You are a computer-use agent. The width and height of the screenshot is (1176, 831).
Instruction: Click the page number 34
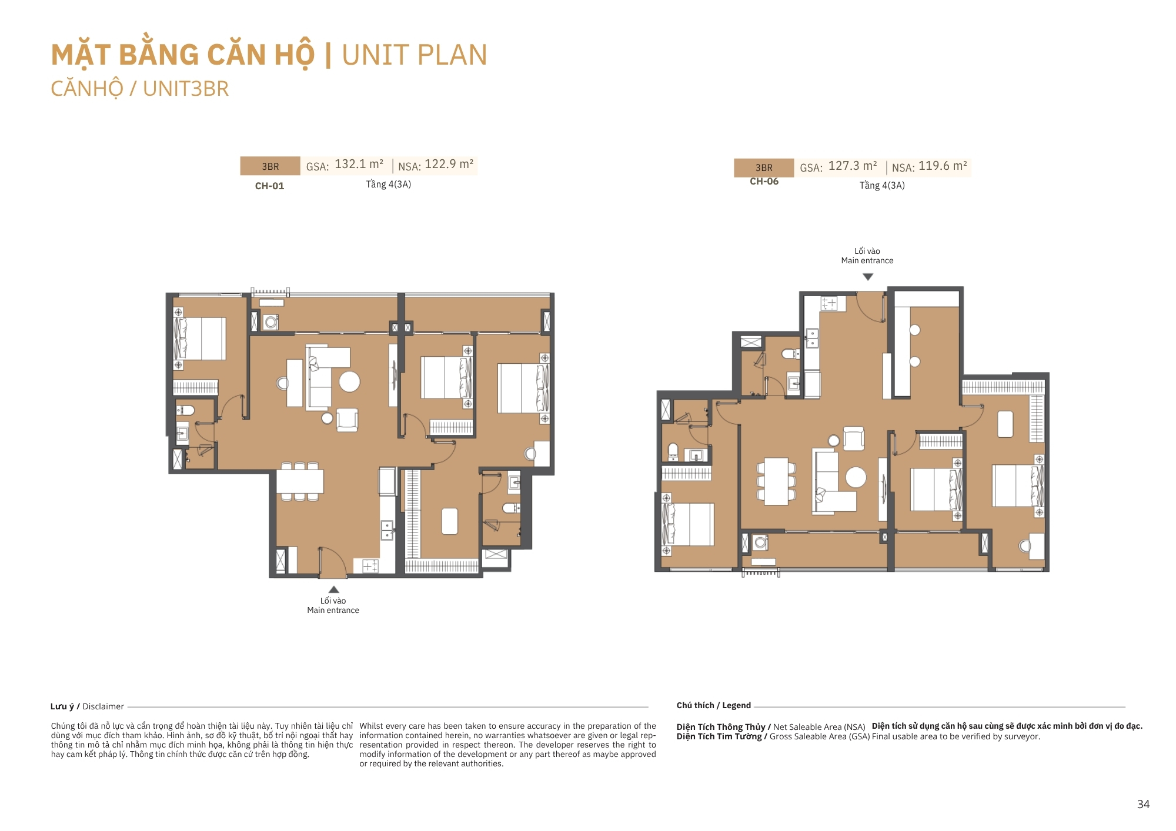pos(1143,805)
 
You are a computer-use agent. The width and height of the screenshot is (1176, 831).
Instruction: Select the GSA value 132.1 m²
pos(359,165)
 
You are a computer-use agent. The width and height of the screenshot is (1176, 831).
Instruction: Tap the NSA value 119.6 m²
pos(943,166)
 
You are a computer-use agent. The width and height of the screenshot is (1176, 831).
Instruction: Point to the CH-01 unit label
pos(269,186)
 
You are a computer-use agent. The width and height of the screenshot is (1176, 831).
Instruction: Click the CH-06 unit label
pos(764,182)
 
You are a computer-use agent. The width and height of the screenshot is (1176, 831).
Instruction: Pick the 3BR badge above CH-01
pos(270,166)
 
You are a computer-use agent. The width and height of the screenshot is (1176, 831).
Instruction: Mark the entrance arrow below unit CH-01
pos(333,589)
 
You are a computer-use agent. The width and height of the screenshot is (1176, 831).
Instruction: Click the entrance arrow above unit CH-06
pos(868,277)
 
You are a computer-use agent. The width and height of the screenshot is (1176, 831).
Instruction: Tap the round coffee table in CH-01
pos(349,382)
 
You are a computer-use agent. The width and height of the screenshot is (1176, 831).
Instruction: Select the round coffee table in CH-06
pos(856,477)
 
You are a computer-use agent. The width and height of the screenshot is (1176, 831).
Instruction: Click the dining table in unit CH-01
pos(300,482)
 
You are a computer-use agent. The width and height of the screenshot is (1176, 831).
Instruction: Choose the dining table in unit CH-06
pos(776,481)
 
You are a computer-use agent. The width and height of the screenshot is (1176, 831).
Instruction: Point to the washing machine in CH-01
pos(271,322)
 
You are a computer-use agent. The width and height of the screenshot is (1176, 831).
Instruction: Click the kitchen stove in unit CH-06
pos(829,303)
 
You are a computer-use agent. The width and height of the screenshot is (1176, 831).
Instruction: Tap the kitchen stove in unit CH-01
pos(370,566)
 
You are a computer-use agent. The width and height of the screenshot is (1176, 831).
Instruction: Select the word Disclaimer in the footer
pos(103,706)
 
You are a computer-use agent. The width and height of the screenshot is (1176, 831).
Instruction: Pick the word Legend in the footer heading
pos(736,705)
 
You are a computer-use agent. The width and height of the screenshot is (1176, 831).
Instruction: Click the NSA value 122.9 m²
pos(449,165)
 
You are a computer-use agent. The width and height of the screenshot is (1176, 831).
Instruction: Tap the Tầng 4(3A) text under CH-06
pos(882,186)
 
